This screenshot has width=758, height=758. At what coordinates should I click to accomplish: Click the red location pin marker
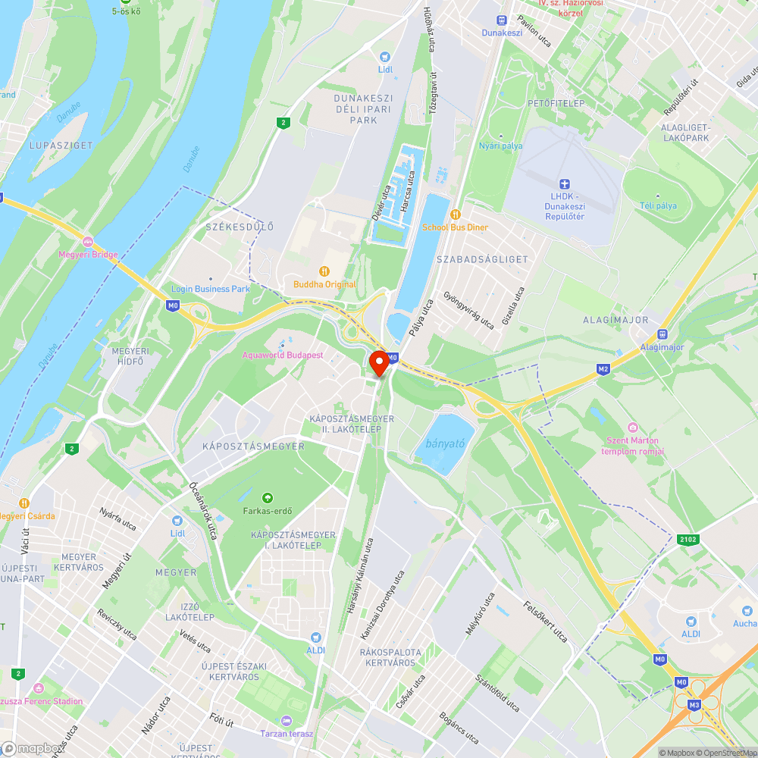point(378,364)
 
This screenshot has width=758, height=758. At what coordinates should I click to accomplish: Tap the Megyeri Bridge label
point(88,254)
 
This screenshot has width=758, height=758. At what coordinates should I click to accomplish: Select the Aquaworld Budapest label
point(283,355)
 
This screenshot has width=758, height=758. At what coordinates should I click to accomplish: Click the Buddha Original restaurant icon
point(324,271)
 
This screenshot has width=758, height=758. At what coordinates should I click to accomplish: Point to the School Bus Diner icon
point(456,215)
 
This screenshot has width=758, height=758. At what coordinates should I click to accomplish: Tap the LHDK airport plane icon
point(562,184)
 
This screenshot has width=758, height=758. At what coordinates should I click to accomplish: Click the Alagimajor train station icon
point(662,334)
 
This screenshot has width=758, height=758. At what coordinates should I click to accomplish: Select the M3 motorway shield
point(694,705)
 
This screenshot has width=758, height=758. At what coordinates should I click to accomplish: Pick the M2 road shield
point(603,369)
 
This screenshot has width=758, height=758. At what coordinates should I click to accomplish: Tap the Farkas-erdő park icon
point(267,497)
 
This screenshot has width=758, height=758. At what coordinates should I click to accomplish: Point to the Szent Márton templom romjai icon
point(632,428)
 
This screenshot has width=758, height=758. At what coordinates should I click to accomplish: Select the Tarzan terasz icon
point(286,720)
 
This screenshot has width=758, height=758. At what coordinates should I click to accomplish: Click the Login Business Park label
point(211,289)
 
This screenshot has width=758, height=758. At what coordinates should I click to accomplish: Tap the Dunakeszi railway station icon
point(501,20)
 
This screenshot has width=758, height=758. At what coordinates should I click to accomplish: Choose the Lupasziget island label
point(61,144)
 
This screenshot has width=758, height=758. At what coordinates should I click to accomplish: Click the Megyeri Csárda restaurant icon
point(24,503)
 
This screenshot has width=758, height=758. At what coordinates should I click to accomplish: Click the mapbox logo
point(32,747)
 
